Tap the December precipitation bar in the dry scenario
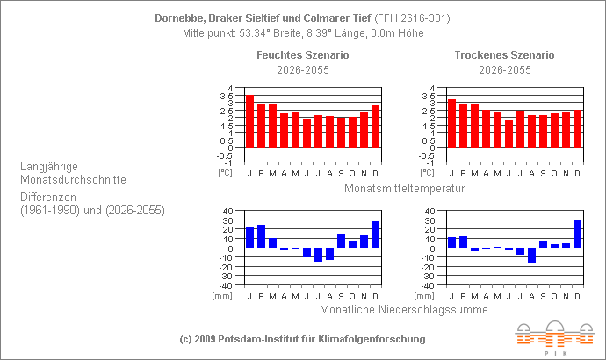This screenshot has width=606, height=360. click(577, 234)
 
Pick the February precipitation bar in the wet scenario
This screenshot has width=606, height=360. click(261, 236)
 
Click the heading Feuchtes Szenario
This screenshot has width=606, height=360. click(302, 54)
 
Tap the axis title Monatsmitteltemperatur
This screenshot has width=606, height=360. click(404, 188)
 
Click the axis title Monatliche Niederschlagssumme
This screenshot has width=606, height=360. click(403, 308)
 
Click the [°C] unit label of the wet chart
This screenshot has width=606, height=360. click(226, 173)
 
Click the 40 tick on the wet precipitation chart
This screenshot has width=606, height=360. click(227, 212)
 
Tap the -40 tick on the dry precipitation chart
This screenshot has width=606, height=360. click(428, 285)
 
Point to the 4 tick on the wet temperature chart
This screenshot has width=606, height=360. click(230, 89)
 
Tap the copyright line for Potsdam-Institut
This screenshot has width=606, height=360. click(302, 339)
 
